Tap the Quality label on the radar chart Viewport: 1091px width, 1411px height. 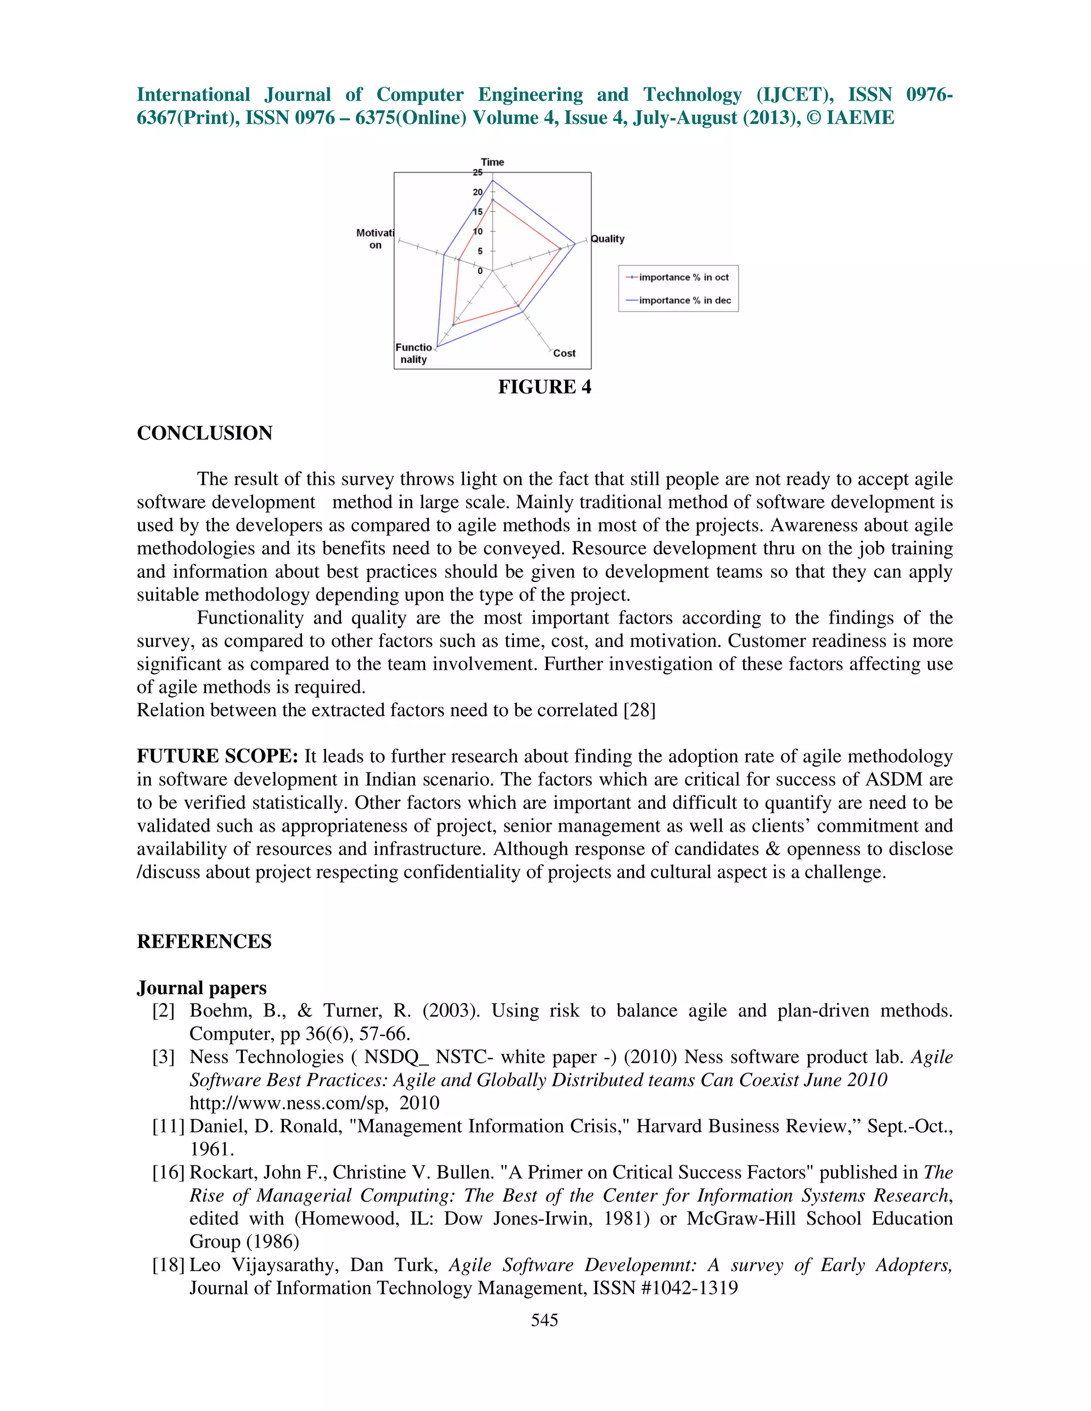click(607, 239)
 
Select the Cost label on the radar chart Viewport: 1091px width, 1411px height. click(564, 354)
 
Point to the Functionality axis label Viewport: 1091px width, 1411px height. click(413, 354)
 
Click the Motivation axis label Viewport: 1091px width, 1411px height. click(375, 239)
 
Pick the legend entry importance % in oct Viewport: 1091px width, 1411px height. click(683, 277)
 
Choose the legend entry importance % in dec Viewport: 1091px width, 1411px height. click(685, 300)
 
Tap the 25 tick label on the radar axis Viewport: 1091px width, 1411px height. click(478, 173)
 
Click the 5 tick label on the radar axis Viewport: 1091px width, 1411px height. click(480, 251)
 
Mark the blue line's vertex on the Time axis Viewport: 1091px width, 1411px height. click(493, 181)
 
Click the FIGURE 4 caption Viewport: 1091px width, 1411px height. click(544, 387)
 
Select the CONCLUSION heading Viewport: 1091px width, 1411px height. click(204, 433)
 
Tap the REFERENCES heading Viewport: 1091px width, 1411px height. click(204, 941)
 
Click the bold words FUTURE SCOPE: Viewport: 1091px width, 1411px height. click(217, 756)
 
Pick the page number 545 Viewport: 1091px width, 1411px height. click(544, 1320)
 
